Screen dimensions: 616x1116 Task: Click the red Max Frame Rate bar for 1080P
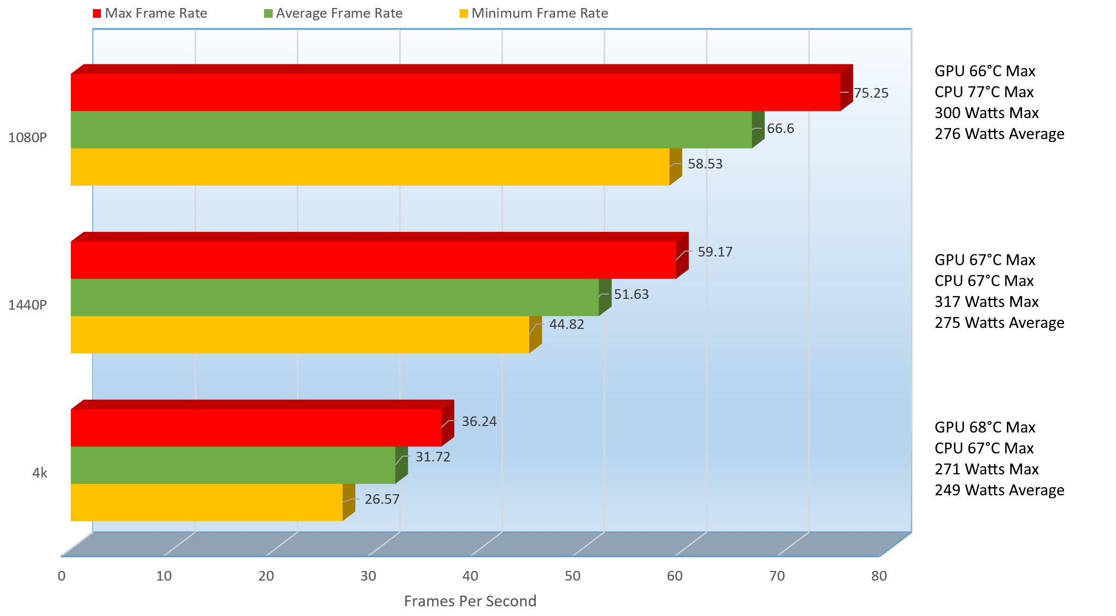click(x=455, y=92)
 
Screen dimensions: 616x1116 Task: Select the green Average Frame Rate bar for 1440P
click(x=334, y=297)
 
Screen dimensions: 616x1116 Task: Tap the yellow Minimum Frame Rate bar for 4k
click(x=207, y=502)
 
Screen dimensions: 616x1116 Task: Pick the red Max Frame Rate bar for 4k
click(x=256, y=428)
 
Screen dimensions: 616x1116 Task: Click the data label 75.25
click(x=871, y=93)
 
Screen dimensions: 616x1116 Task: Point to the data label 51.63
click(x=631, y=295)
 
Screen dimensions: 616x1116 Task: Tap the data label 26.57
click(x=382, y=500)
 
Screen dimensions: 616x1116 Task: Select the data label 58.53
click(x=705, y=164)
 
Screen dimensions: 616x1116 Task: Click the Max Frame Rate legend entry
click(x=150, y=13)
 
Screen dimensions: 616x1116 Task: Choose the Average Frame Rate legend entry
click(x=333, y=13)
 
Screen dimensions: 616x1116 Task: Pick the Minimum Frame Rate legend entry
click(x=534, y=13)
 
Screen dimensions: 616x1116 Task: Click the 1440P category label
click(x=27, y=305)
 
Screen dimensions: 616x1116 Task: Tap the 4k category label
click(x=40, y=473)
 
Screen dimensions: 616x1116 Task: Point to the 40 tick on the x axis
click(x=470, y=576)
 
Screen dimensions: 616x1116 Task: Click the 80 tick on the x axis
click(x=879, y=576)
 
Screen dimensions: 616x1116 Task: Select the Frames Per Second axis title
click(x=470, y=601)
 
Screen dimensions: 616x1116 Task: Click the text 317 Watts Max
click(x=986, y=302)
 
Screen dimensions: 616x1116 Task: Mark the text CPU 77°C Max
click(x=983, y=92)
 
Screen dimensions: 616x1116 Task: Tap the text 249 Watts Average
click(x=999, y=490)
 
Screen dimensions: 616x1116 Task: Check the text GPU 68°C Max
click(x=984, y=428)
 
